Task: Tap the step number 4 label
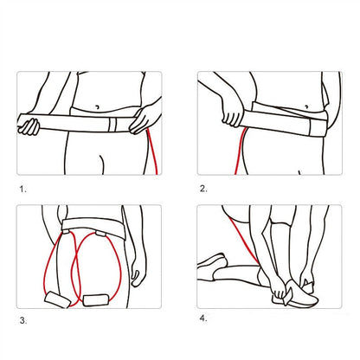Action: tap(204, 318)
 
